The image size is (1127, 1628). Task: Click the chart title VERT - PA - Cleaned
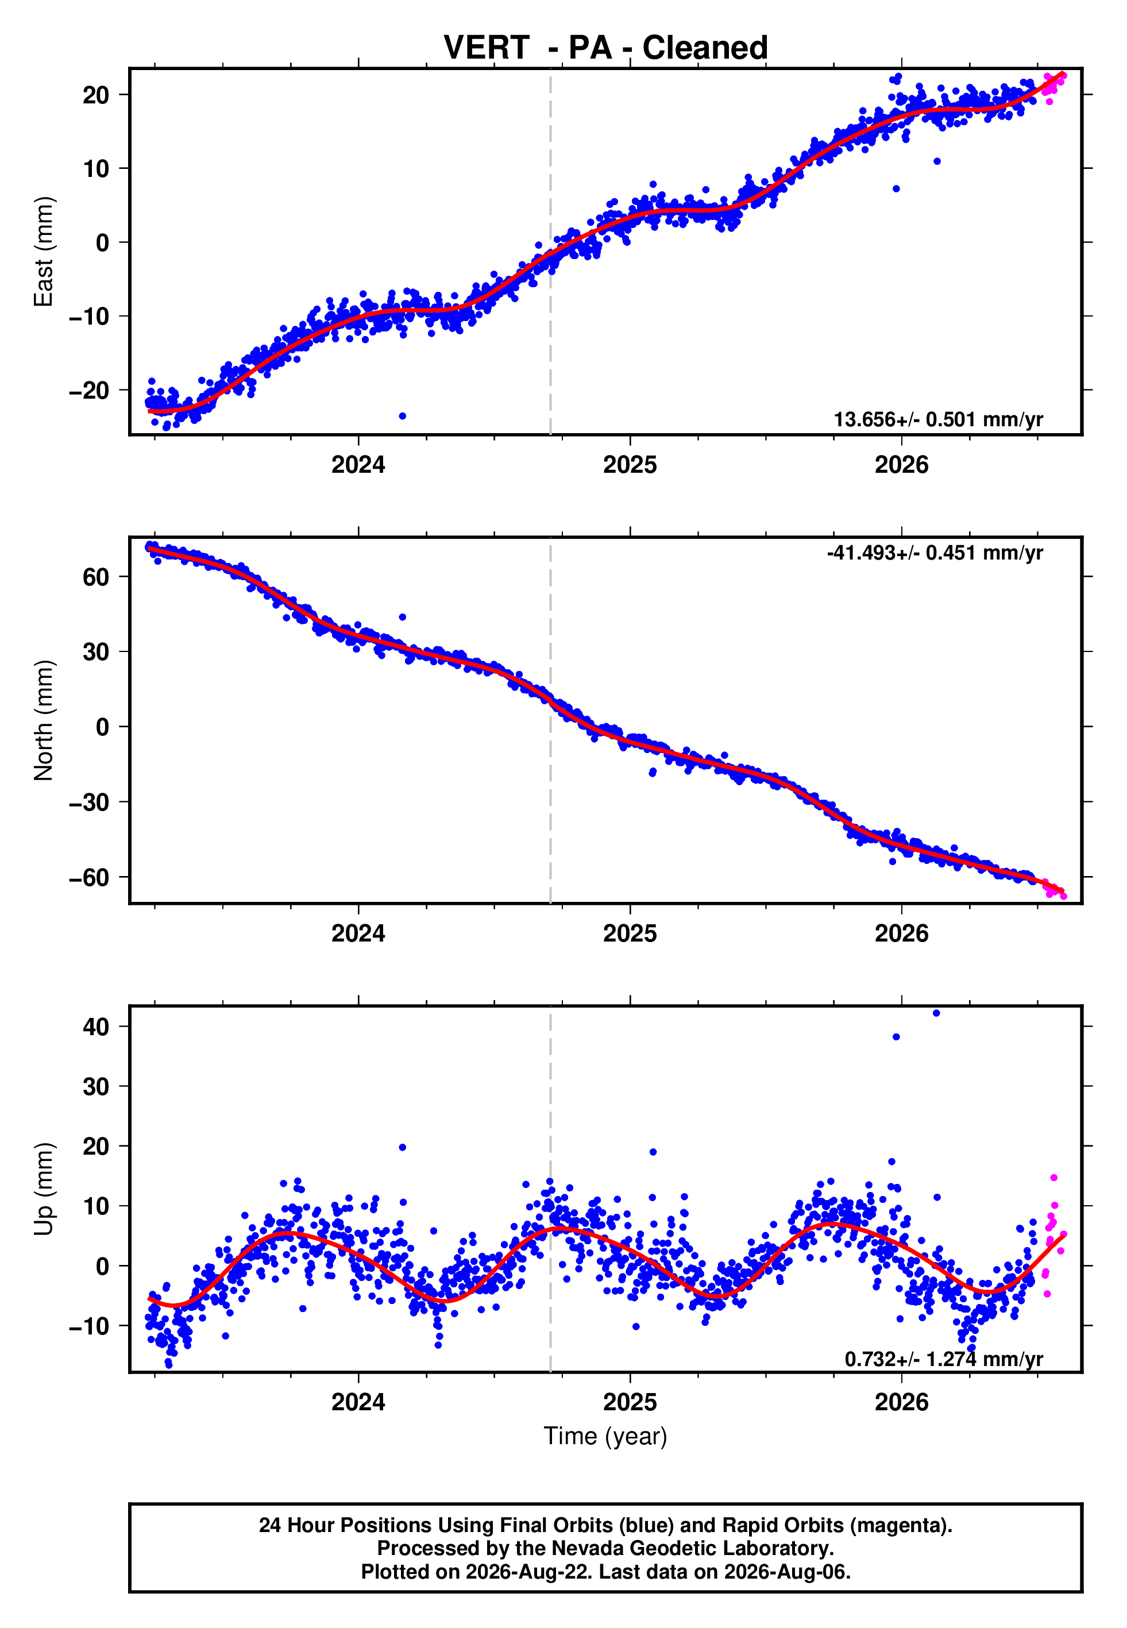(605, 48)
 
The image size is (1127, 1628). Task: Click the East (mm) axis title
(44, 252)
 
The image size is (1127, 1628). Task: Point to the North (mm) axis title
(44, 720)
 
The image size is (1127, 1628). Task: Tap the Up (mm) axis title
(44, 1189)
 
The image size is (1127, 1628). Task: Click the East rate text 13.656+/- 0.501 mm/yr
(938, 419)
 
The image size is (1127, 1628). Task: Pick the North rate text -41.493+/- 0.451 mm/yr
(935, 552)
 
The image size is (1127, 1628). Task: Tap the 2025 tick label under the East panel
(630, 465)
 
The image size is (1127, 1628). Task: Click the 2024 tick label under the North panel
(358, 933)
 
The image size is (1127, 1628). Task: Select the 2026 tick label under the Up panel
(902, 1402)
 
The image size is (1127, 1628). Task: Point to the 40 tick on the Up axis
(96, 1027)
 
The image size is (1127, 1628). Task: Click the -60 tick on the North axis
(89, 877)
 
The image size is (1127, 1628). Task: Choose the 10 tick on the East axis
(96, 168)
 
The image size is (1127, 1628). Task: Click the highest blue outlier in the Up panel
(936, 1013)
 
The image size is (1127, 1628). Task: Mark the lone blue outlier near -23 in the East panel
(403, 416)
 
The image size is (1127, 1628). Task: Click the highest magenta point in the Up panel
(1053, 1178)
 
